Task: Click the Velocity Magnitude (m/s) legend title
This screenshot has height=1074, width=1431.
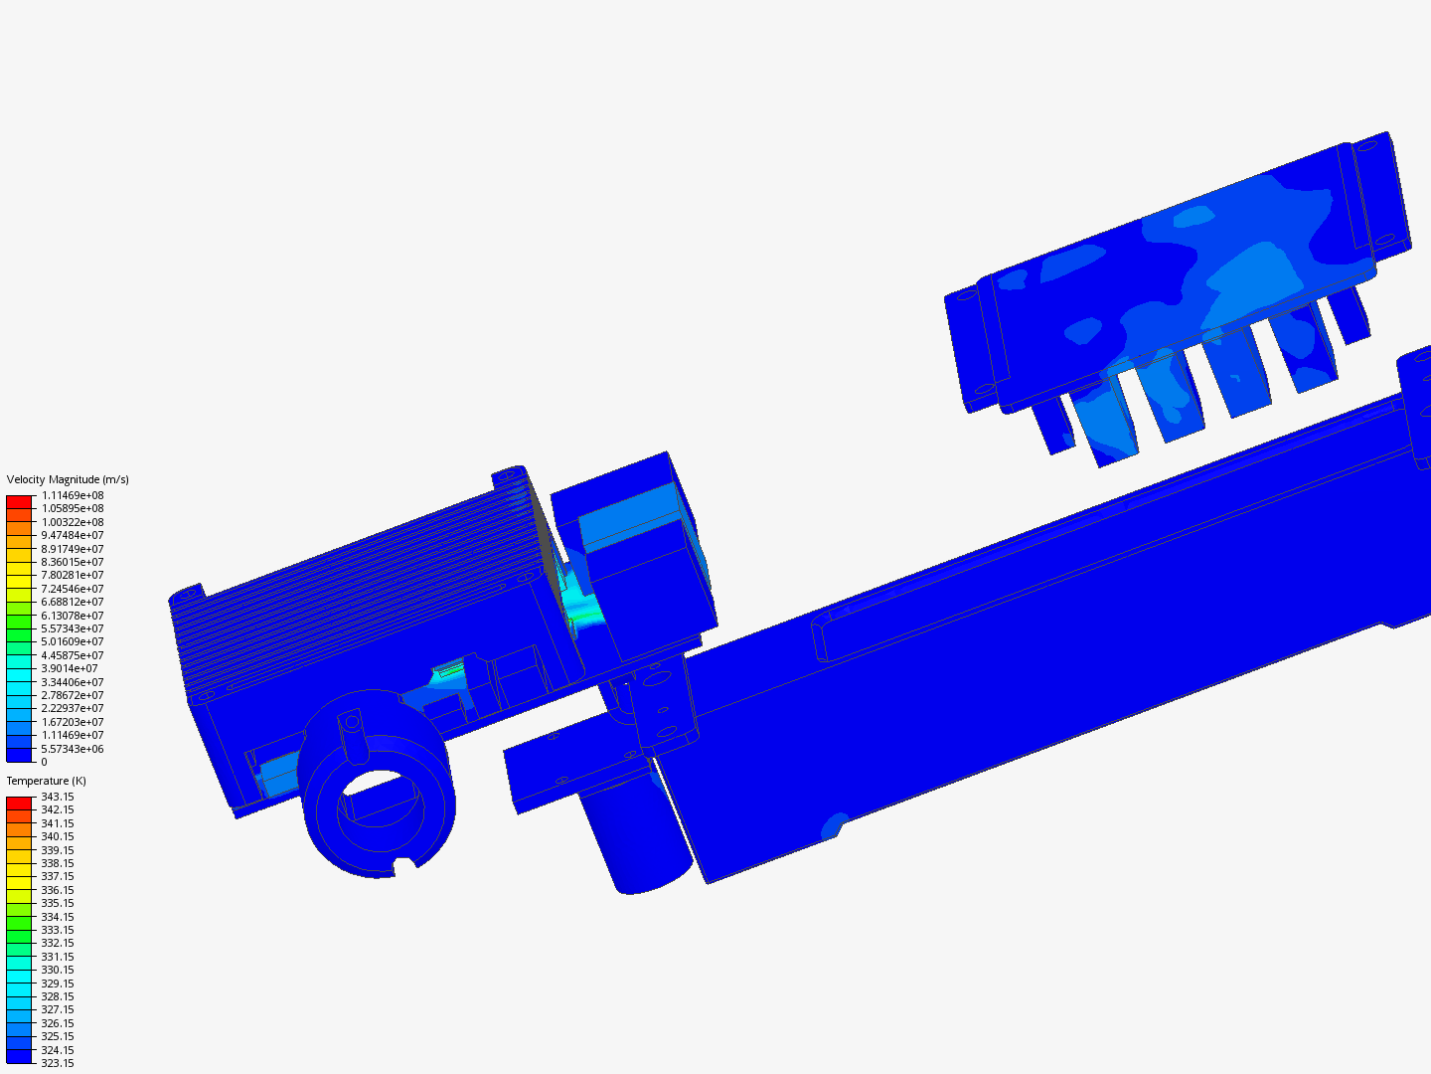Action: pos(68,479)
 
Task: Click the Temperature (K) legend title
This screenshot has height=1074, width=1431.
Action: pos(47,781)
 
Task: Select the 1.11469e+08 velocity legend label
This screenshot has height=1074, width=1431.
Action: pos(73,495)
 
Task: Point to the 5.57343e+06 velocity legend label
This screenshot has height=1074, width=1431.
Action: pos(73,749)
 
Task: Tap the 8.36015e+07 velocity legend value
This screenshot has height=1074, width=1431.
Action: pos(73,562)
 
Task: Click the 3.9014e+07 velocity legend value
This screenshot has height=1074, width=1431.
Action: pos(70,668)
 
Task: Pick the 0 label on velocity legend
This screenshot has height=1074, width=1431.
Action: pos(45,762)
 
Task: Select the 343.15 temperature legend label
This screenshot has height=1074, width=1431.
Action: pos(58,797)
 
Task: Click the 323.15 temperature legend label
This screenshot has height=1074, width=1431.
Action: pos(58,1063)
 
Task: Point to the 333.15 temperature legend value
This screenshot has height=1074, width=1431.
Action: pos(58,930)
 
